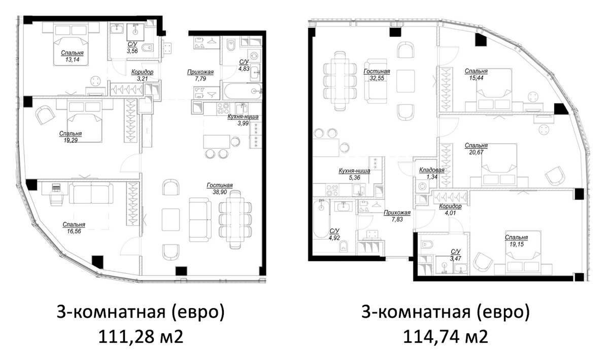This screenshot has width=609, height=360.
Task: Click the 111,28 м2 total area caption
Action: [x=141, y=336]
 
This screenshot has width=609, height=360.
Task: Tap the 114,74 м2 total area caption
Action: [x=446, y=336]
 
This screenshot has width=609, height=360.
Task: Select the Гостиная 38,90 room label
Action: [x=220, y=188]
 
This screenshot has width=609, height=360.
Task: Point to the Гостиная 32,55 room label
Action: [x=377, y=75]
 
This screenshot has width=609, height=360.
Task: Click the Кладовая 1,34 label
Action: [x=432, y=173]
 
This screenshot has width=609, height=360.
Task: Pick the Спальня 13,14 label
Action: [x=72, y=56]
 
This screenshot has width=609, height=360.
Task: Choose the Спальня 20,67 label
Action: [x=476, y=149]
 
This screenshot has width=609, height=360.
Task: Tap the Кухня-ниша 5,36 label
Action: [x=354, y=174]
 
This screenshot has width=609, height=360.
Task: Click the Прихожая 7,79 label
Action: [x=200, y=75]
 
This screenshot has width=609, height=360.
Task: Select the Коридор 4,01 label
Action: [x=450, y=209]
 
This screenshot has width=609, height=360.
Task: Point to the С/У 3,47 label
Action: [x=455, y=255]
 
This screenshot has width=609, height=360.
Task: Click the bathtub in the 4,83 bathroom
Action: [x=243, y=91]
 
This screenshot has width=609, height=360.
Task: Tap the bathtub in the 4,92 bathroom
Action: [x=321, y=219]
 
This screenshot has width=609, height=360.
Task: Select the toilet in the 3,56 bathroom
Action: [x=148, y=48]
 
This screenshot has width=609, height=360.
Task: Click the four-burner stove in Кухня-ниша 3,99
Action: [x=223, y=108]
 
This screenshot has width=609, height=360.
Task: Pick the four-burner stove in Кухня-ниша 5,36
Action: [x=332, y=190]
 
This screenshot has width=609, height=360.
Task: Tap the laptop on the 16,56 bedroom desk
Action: [x=56, y=187]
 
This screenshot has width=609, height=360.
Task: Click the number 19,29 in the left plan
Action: [x=71, y=141]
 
